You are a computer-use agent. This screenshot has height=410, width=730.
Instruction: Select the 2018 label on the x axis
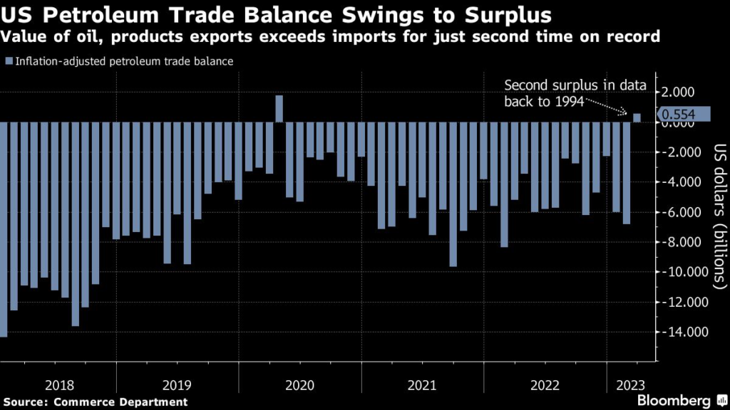point(59,385)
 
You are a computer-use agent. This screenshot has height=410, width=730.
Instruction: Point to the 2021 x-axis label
point(422,385)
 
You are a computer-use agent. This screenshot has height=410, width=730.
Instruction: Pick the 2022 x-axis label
point(545,385)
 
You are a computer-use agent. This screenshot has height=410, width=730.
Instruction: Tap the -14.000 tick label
point(679,332)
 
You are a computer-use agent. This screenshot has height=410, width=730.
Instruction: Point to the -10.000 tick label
point(679,272)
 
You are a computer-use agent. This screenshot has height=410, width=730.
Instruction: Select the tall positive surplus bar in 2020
point(279,109)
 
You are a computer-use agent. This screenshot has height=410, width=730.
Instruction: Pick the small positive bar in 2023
point(637,118)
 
